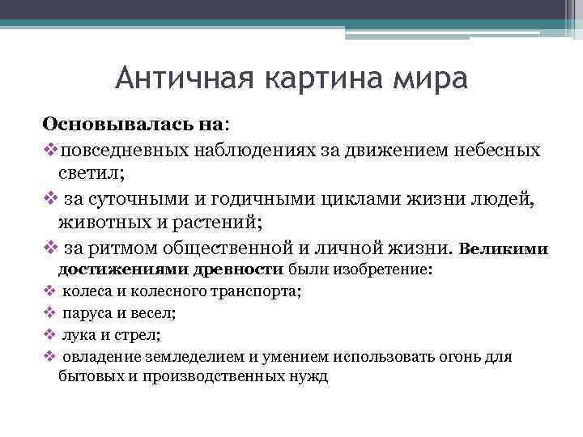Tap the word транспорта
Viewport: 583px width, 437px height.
pos(257,291)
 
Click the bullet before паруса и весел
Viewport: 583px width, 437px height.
pos(49,312)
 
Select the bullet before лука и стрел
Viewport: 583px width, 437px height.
pos(49,333)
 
